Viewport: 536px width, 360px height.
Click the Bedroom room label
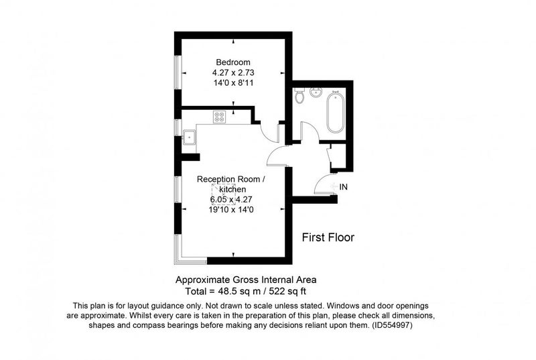pyautogui.click(x=232, y=62)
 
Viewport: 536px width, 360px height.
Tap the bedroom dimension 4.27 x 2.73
pyautogui.click(x=233, y=73)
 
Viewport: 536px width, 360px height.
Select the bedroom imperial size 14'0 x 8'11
pyautogui.click(x=233, y=83)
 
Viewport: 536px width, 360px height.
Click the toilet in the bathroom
pyautogui.click(x=299, y=95)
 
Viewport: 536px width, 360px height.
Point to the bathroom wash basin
pyautogui.click(x=316, y=93)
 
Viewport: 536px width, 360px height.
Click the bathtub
pyautogui.click(x=336, y=112)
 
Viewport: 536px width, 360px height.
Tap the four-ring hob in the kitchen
pyautogui.click(x=219, y=117)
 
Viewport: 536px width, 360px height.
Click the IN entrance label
pyautogui.click(x=343, y=187)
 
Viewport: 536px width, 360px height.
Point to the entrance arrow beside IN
pyautogui.click(x=334, y=186)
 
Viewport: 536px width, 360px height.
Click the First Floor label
pyautogui.click(x=328, y=237)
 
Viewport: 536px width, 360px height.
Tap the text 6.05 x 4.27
pyautogui.click(x=231, y=199)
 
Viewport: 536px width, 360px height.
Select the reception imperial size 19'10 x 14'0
pyautogui.click(x=231, y=210)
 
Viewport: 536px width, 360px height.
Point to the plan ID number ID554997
pyautogui.click(x=392, y=325)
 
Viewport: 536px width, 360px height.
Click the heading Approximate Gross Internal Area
pyautogui.click(x=246, y=280)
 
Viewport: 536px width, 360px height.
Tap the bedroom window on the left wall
pyautogui.click(x=178, y=72)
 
